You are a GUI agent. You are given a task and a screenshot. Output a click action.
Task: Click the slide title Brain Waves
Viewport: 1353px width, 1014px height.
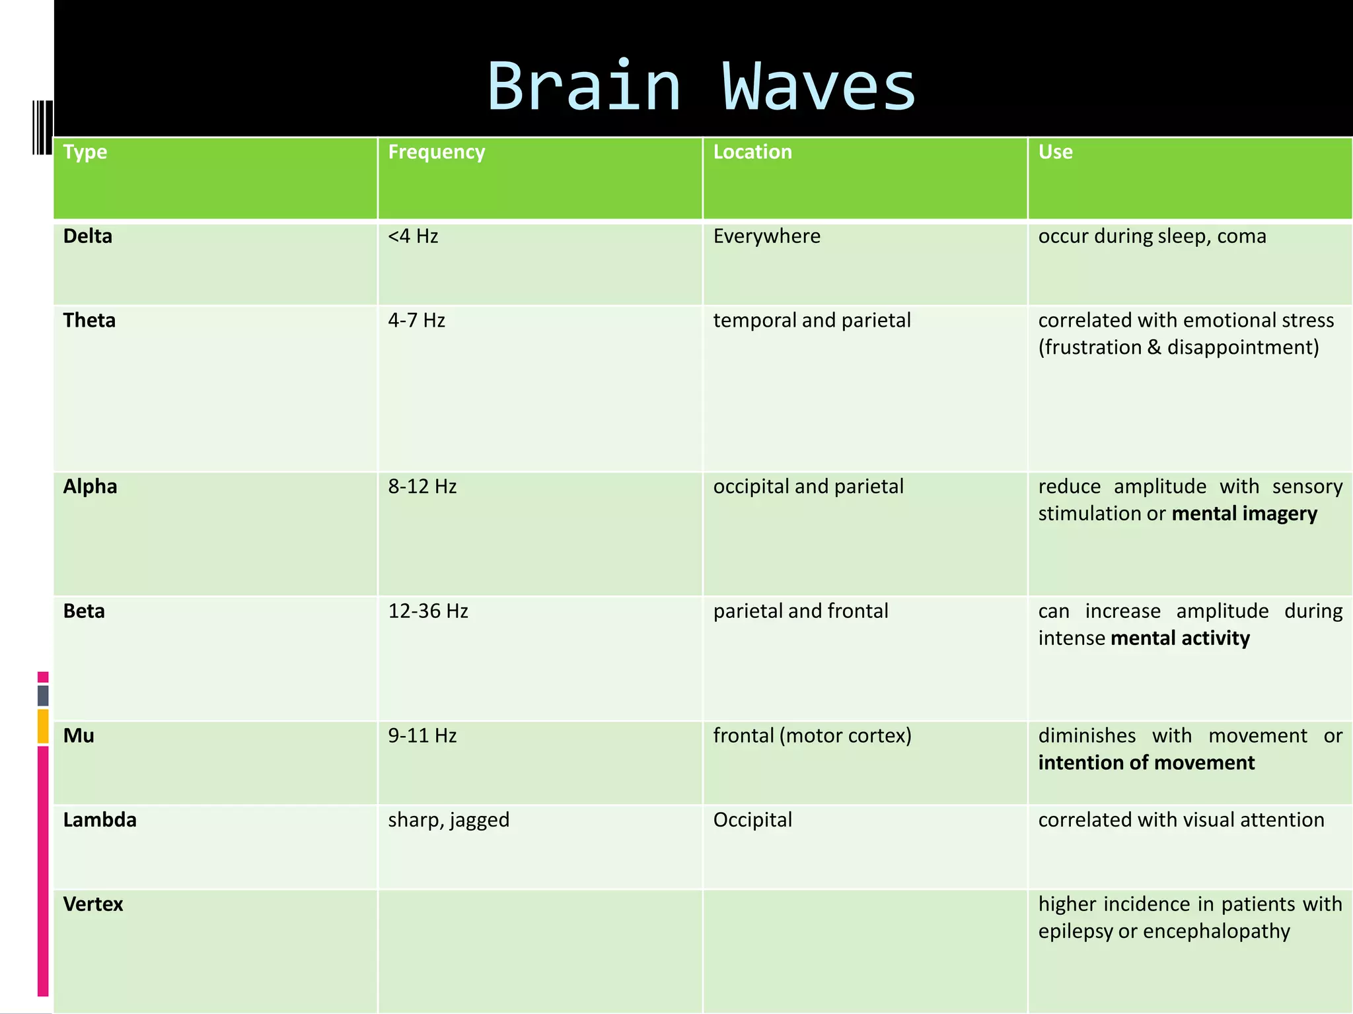coord(701,86)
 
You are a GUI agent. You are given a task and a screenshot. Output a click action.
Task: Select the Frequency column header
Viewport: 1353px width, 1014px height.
coord(436,152)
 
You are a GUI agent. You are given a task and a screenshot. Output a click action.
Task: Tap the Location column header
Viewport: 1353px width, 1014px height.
coord(752,152)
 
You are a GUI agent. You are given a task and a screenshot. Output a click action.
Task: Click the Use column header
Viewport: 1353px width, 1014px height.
coord(1055,152)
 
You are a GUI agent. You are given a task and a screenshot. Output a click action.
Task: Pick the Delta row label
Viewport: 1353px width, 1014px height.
coord(87,236)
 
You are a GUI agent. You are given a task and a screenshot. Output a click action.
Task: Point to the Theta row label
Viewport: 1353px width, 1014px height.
coord(89,320)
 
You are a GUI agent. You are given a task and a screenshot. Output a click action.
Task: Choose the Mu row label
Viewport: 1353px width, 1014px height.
coord(79,735)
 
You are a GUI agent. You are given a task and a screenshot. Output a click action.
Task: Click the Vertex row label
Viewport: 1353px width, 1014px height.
coord(93,904)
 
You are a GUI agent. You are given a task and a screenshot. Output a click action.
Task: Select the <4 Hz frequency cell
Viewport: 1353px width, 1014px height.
coord(413,236)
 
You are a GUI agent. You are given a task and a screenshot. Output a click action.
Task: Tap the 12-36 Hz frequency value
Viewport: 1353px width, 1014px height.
coord(428,611)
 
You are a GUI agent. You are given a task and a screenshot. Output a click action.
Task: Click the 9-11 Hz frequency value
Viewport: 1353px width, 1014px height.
coord(422,735)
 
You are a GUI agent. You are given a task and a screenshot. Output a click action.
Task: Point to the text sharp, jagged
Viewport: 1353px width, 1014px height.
coord(449,820)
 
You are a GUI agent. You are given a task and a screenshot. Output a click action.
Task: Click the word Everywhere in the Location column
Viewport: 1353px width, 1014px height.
coord(766,236)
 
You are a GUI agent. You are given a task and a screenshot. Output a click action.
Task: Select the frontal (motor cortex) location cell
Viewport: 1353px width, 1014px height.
coord(812,735)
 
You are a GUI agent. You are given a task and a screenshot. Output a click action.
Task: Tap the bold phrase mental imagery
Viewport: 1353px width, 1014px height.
coord(1244,514)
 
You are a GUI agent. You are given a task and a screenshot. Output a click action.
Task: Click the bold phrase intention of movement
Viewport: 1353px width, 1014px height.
coord(1146,762)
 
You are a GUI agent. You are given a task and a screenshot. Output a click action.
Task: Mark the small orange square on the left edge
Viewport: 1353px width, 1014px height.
coord(43,726)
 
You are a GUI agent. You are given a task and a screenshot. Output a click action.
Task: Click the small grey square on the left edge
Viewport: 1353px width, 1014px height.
coord(43,695)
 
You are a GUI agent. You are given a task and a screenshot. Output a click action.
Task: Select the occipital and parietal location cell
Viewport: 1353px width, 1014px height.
coord(808,487)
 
